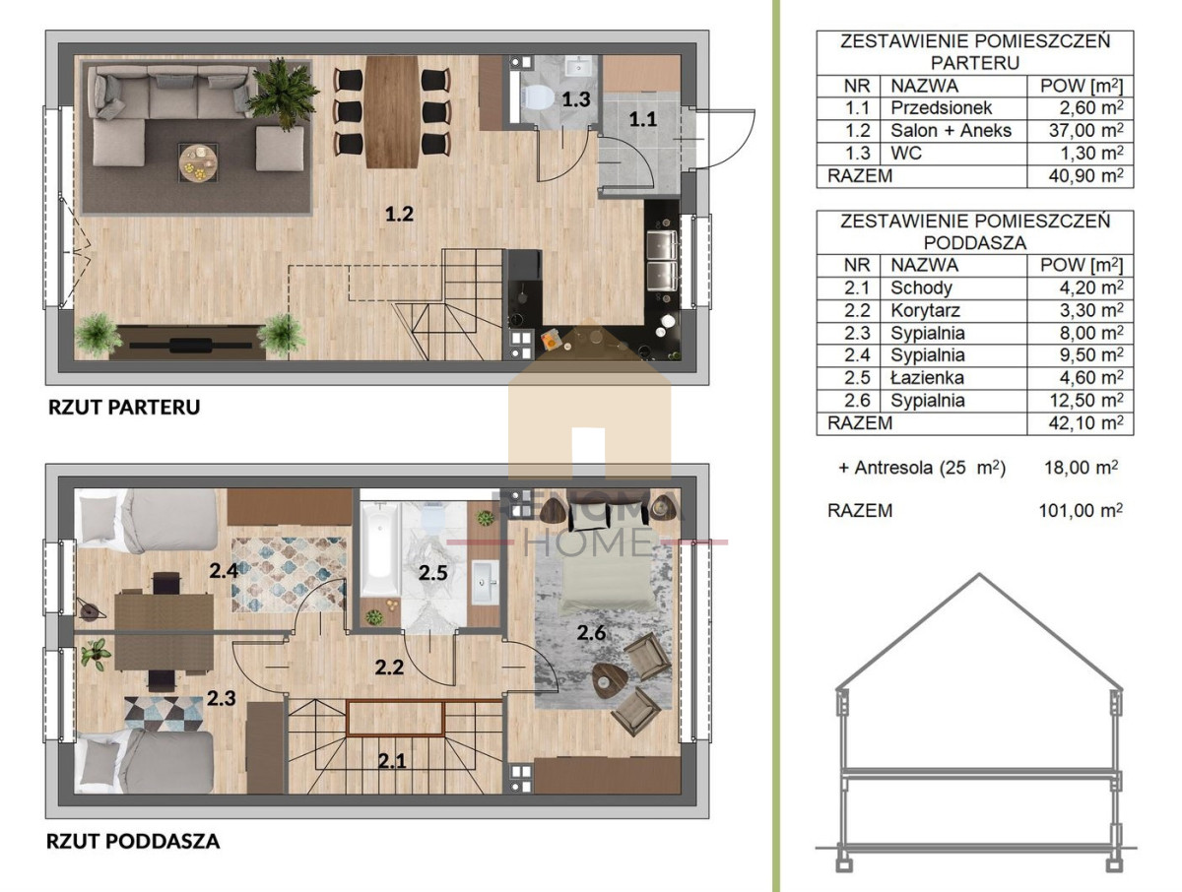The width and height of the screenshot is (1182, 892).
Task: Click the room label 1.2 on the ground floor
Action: click(x=399, y=214)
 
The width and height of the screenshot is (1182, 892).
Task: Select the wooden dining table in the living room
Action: click(x=391, y=112)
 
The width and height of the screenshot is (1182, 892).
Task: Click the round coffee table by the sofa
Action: click(x=198, y=163)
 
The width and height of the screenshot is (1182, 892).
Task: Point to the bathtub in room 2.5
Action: click(x=381, y=548)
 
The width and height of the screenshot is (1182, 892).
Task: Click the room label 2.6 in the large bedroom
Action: click(x=591, y=633)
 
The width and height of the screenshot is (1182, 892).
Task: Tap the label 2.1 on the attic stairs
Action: click(x=391, y=761)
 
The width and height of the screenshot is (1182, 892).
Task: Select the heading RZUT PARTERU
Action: click(x=124, y=408)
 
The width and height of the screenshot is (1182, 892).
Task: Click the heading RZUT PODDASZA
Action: click(x=133, y=841)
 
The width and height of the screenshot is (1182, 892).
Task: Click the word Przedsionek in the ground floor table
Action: click(x=941, y=107)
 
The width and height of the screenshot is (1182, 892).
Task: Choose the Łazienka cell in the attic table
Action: click(x=927, y=378)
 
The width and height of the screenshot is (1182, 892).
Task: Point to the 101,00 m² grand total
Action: click(x=1081, y=510)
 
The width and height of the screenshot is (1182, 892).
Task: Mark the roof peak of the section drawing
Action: click(x=979, y=574)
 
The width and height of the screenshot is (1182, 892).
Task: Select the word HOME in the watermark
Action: click(x=589, y=542)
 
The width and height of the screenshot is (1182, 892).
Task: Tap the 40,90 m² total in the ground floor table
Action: click(x=1085, y=176)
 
